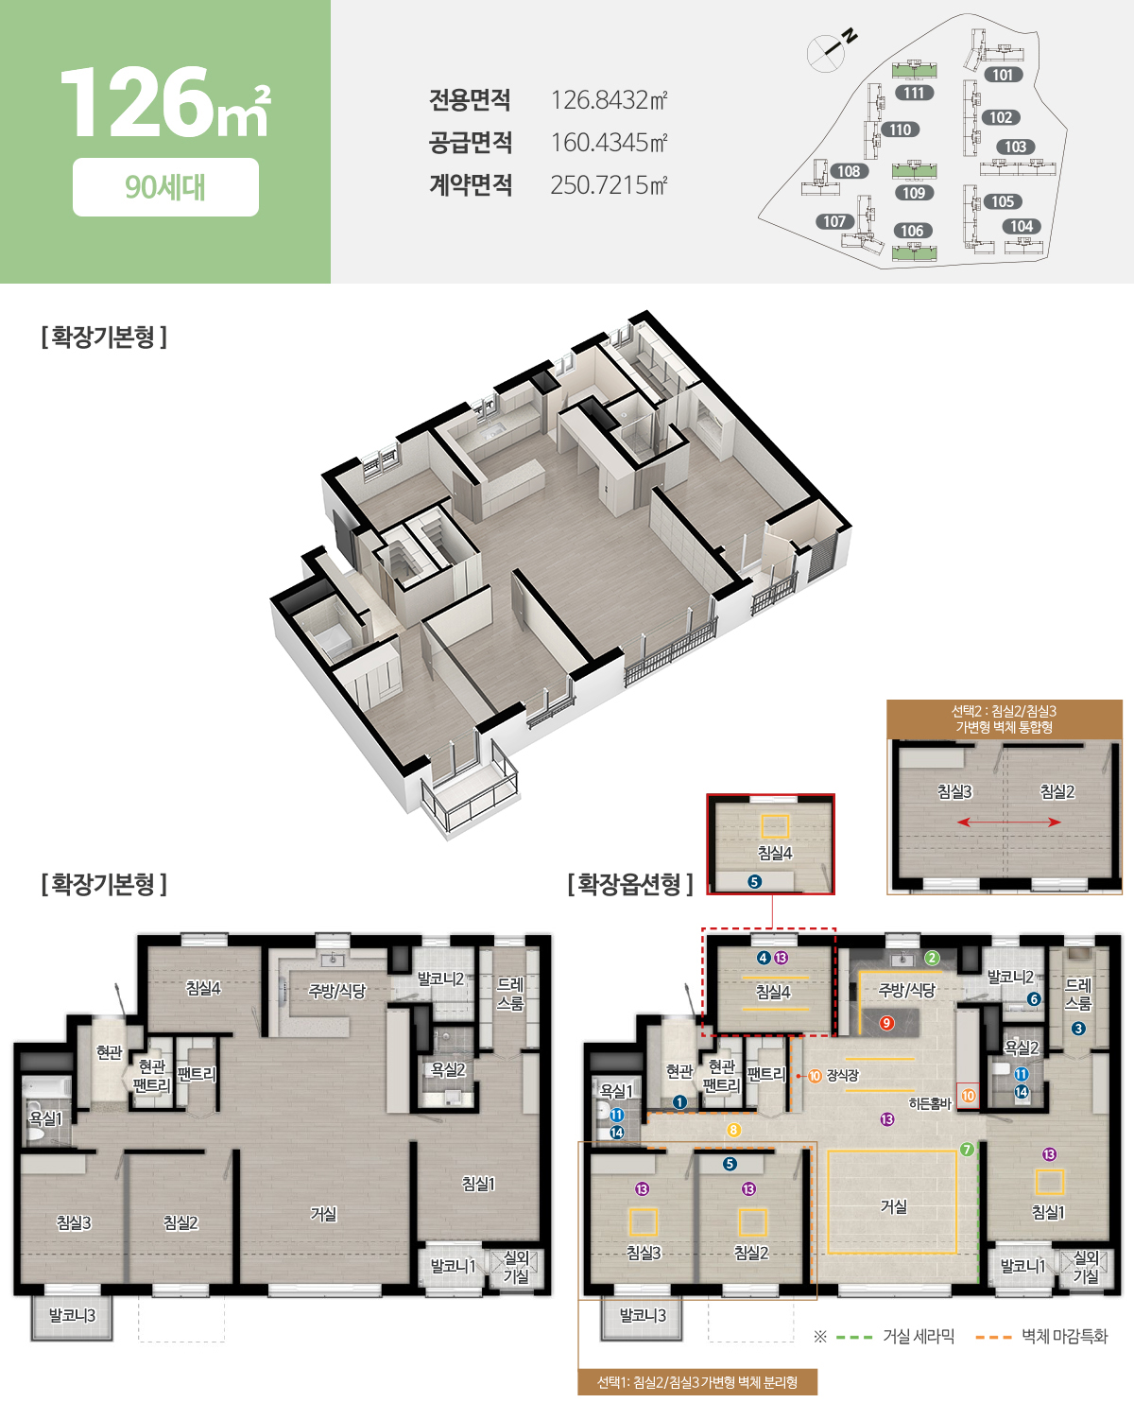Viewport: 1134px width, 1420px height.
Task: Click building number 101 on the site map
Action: click(1003, 75)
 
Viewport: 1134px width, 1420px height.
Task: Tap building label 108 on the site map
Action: click(849, 171)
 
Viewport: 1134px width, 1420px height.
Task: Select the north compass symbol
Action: click(833, 48)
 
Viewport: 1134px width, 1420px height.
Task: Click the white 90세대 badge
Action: click(165, 187)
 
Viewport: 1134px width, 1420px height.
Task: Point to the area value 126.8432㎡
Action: click(609, 100)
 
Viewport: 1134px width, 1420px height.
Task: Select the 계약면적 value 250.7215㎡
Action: click(609, 184)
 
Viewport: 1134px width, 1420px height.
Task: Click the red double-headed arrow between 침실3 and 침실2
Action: click(1008, 822)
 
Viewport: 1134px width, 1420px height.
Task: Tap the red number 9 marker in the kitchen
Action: click(886, 1023)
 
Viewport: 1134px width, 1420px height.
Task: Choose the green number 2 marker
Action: click(932, 958)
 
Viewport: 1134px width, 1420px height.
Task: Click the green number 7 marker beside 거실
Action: click(967, 1150)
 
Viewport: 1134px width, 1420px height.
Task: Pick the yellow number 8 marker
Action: click(733, 1131)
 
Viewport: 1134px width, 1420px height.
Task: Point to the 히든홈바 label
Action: click(930, 1103)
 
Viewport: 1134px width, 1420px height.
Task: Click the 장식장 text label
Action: click(842, 1076)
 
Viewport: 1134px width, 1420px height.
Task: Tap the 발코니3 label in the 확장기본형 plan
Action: click(73, 1315)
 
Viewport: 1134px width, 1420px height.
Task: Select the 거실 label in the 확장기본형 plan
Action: click(323, 1214)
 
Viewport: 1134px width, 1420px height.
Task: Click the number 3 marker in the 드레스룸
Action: click(1078, 1028)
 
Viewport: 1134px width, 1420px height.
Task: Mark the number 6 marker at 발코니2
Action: click(1034, 999)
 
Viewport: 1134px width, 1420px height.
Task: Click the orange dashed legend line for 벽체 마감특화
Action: click(993, 1337)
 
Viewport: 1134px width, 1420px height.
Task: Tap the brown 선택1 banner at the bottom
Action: click(697, 1382)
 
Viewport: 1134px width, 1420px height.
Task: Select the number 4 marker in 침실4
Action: click(764, 958)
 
